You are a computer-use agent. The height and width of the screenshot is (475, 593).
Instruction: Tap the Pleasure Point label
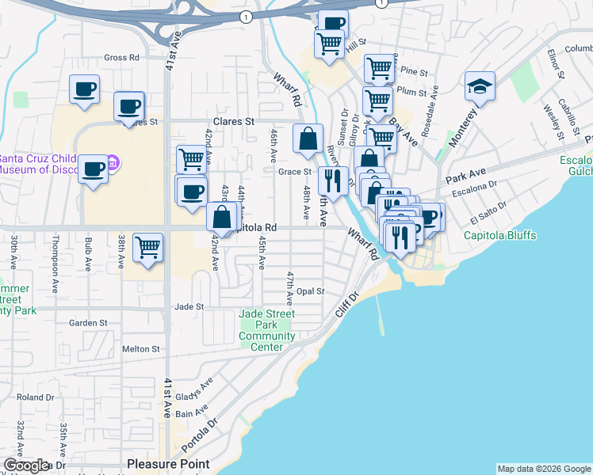point(168,464)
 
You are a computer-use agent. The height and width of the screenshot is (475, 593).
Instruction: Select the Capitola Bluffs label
point(499,235)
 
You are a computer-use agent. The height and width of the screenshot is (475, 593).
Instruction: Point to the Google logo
point(25,466)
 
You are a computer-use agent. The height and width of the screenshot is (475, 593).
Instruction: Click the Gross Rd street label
point(121,58)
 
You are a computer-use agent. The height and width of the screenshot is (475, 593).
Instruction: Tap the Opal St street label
point(310,291)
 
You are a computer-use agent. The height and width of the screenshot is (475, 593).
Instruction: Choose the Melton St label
point(141,348)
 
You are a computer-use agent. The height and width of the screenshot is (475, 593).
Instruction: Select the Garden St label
point(88,323)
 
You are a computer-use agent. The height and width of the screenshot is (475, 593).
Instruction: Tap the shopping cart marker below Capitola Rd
point(148,247)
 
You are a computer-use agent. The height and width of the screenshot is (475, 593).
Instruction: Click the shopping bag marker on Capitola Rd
point(224,215)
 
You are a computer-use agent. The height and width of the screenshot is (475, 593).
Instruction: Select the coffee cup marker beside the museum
point(94,169)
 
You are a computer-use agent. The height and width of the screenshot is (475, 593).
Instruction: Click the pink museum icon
point(113,164)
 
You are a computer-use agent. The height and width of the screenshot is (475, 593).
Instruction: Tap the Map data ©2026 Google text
point(544,469)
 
